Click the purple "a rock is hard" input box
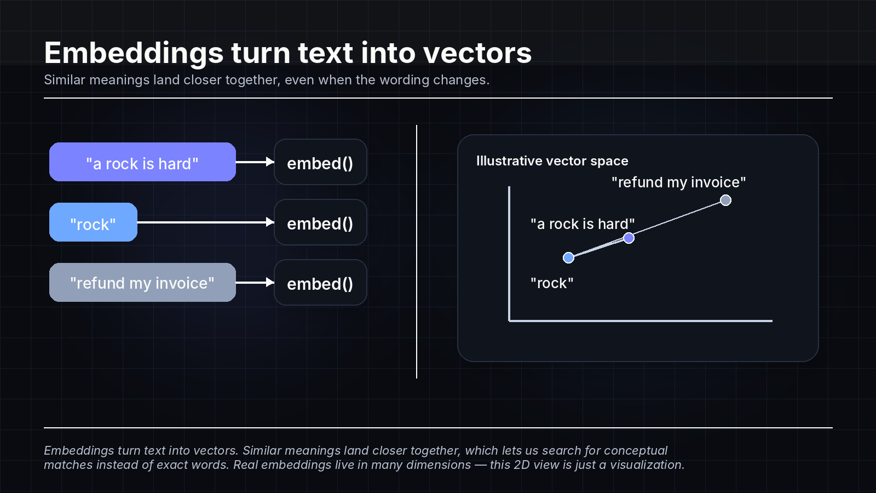pyautogui.click(x=142, y=162)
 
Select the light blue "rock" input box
pyautogui.click(x=93, y=222)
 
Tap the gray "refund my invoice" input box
pyautogui.click(x=142, y=283)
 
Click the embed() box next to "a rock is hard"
pyautogui.click(x=320, y=162)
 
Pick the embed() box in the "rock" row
pyautogui.click(x=320, y=222)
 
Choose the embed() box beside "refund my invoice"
pyautogui.click(x=320, y=283)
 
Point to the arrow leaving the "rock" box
pyautogui.click(x=205, y=222)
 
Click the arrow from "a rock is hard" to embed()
pyautogui.click(x=255, y=162)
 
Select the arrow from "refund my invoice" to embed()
pyautogui.click(x=255, y=282)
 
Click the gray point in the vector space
pyautogui.click(x=725, y=200)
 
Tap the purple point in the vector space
pyautogui.click(x=629, y=238)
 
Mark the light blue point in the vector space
pyautogui.click(x=568, y=257)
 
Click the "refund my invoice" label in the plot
pyautogui.click(x=678, y=182)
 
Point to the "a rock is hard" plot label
pyautogui.click(x=582, y=224)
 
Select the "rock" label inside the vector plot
pyautogui.click(x=552, y=283)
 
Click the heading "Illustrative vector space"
pyautogui.click(x=552, y=161)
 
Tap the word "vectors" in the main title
pyautogui.click(x=477, y=53)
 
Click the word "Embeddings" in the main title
pyautogui.click(x=134, y=53)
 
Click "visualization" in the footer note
pyautogui.click(x=647, y=465)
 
